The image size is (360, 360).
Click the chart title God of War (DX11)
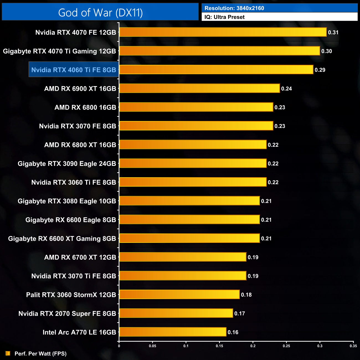point(100,12)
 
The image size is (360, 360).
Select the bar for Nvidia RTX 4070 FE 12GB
point(223,32)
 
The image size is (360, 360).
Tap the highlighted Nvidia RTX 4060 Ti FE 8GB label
point(74,70)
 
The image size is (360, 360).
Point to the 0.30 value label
point(326,51)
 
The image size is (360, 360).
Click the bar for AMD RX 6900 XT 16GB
point(199,88)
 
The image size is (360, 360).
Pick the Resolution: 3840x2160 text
point(234,8)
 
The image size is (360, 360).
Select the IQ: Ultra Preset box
point(279,17)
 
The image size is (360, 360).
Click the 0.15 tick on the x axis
point(219,346)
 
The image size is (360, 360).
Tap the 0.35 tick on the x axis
point(353,346)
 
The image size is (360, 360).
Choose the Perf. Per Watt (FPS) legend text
point(40,354)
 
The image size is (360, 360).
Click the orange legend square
point(8,353)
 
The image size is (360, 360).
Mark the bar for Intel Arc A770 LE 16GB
point(173,332)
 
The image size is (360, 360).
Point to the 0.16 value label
point(233,332)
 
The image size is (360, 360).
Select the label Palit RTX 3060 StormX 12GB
point(71,295)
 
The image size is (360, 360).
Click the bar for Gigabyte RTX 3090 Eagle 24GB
point(193,163)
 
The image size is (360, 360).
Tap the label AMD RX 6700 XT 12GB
point(80,257)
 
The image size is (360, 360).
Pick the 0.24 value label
point(286,89)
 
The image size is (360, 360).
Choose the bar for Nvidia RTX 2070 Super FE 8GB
point(176,313)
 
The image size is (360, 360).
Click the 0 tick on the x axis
point(119,346)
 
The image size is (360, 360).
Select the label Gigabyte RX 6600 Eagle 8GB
point(71,220)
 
